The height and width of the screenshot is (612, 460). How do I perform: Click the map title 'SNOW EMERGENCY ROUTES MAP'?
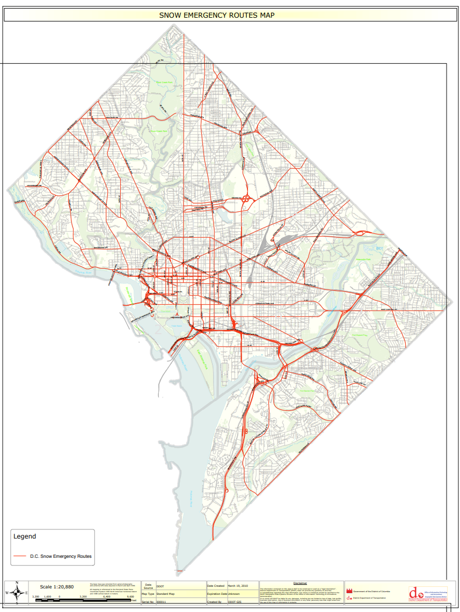(217, 15)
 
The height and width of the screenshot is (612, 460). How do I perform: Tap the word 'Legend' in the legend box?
(25, 536)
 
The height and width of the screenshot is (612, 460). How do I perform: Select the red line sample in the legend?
(20, 556)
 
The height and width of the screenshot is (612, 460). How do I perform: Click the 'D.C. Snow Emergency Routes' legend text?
(61, 556)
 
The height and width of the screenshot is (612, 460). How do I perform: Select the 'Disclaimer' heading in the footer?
(301, 583)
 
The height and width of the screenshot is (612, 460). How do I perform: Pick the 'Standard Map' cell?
(166, 594)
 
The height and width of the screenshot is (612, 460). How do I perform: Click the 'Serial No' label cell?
(148, 602)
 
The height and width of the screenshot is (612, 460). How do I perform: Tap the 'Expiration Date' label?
(217, 594)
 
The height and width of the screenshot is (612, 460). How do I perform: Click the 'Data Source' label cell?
(148, 586)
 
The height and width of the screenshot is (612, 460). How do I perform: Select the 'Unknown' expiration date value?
(235, 594)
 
